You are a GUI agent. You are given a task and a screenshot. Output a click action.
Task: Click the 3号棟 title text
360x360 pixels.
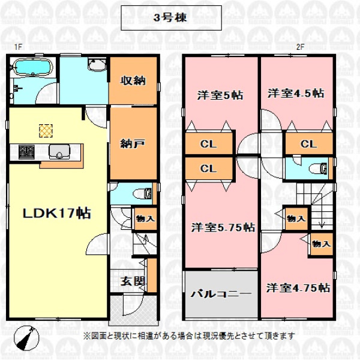point(170,17)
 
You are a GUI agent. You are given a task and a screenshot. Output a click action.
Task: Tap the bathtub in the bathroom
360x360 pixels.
point(32,67)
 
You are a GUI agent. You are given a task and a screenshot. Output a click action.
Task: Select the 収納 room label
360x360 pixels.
point(133,80)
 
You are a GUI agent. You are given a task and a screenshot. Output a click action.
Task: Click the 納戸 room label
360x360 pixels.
point(133,144)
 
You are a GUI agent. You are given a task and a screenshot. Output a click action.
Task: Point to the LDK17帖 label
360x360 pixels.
point(57,213)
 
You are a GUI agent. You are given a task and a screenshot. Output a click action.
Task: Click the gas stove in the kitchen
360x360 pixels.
point(26,152)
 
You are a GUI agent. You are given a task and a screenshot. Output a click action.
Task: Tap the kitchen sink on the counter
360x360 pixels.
point(59,151)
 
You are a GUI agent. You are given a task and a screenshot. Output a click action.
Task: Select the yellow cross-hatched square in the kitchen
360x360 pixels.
point(46,131)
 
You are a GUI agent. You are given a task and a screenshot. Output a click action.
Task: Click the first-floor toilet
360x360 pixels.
point(142,193)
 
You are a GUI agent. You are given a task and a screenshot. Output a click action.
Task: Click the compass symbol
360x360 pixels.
point(26,338)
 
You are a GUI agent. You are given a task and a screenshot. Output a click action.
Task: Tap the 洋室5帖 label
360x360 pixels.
point(220,95)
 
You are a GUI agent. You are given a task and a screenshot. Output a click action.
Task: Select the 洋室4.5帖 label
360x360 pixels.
point(296,94)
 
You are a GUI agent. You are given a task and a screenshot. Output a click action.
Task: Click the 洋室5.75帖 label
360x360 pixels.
point(223,227)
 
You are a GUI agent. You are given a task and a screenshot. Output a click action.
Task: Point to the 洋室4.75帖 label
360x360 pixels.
point(298,287)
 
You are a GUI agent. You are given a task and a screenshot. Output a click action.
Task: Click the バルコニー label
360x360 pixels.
point(221,293)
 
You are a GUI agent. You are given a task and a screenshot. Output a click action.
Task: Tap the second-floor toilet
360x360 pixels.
point(318,169)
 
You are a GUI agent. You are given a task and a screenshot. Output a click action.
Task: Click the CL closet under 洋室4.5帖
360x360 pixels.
point(309,144)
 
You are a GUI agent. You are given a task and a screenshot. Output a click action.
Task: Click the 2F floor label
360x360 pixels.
point(301,47)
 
